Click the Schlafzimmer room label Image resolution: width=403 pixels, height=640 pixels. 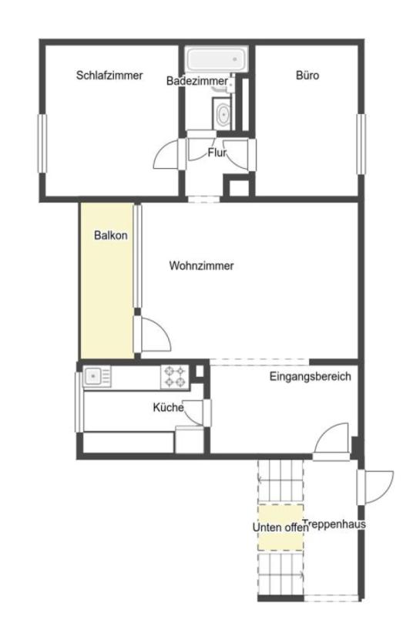(109, 76)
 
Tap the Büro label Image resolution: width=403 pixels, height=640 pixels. (307, 76)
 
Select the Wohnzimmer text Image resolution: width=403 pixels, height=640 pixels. (202, 266)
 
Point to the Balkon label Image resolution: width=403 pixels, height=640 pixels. (110, 235)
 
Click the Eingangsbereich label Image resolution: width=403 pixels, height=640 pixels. (310, 376)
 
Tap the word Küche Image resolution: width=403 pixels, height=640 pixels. (168, 407)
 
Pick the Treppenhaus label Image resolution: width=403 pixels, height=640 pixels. (334, 524)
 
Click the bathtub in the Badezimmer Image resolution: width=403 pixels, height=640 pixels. (217, 59)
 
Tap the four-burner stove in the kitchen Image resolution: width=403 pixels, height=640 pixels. (175, 377)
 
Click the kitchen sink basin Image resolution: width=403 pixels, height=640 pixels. (94, 376)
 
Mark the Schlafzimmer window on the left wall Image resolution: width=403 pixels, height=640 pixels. (42, 143)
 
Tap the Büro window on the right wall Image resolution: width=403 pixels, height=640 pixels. (361, 143)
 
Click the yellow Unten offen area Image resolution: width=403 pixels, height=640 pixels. (280, 527)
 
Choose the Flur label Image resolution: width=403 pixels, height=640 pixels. (217, 153)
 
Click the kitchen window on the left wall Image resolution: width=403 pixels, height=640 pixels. (79, 402)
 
